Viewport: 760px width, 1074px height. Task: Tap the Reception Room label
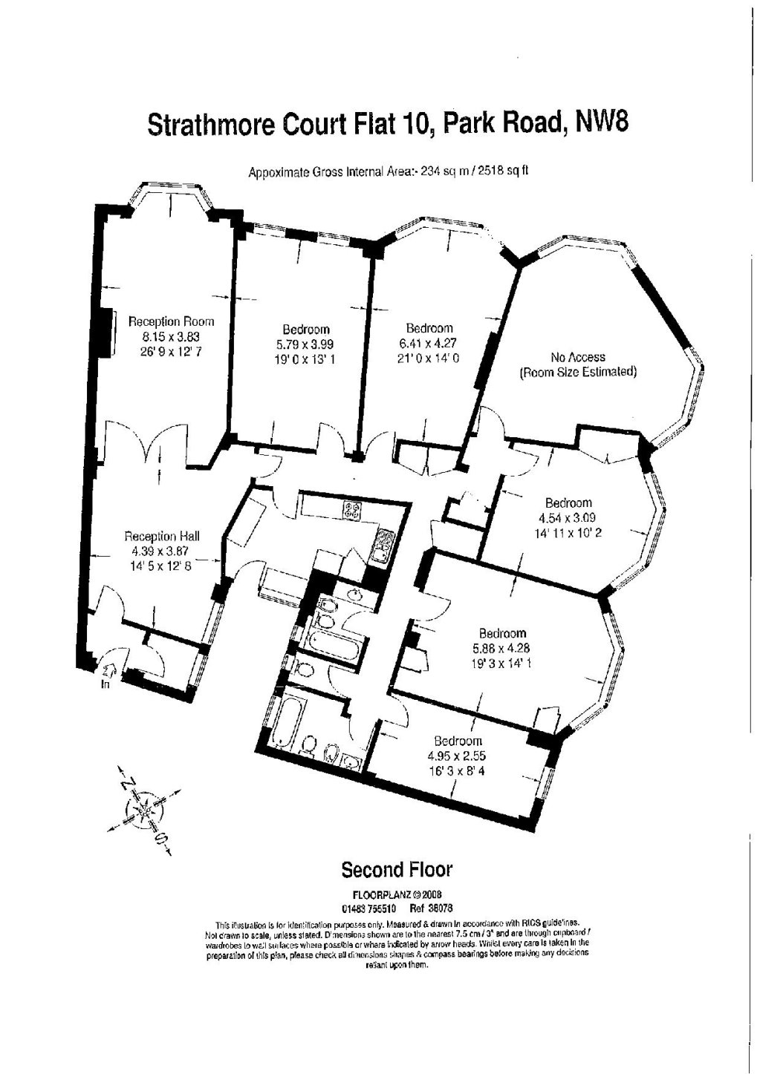click(171, 321)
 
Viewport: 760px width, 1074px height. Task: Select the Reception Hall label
click(161, 536)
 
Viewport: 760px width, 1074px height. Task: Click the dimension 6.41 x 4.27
click(429, 343)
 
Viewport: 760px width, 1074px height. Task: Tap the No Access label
click(577, 357)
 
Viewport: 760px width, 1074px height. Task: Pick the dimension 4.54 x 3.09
click(568, 517)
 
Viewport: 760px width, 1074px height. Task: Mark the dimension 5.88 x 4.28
click(503, 648)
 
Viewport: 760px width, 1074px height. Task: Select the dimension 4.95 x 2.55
click(458, 756)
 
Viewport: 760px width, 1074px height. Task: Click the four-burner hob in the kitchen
click(351, 510)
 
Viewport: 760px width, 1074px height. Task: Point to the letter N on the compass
click(128, 783)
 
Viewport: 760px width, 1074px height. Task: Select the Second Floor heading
click(396, 869)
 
